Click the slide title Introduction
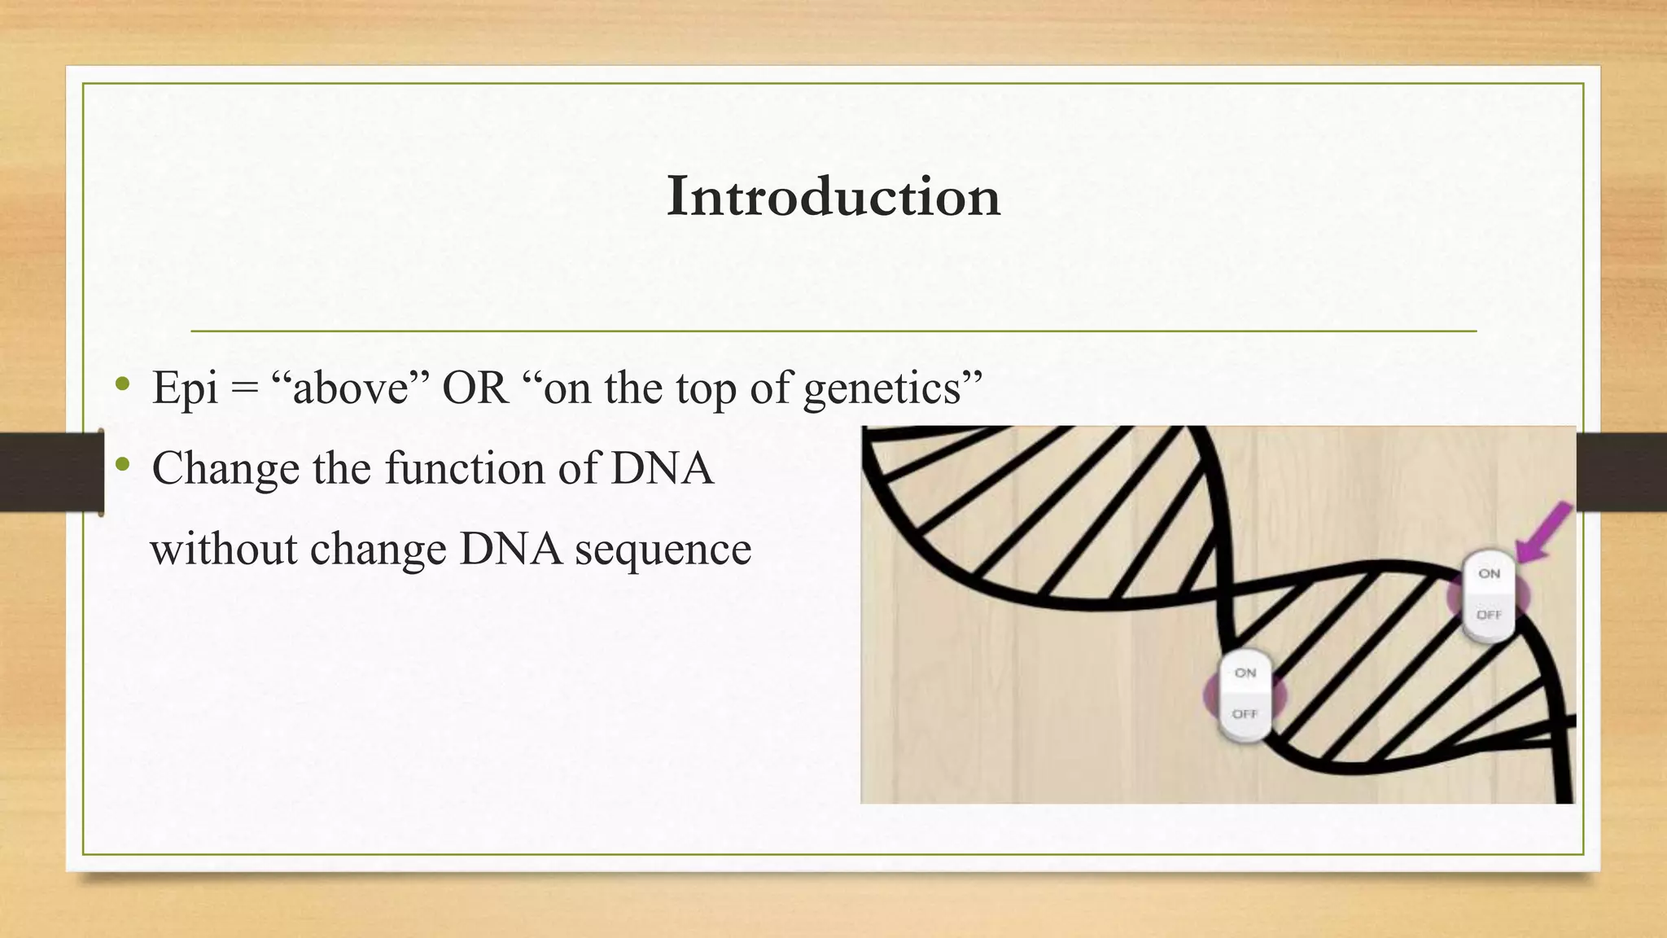(x=833, y=197)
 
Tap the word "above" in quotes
(x=350, y=388)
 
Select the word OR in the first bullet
(x=475, y=388)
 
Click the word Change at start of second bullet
(x=225, y=470)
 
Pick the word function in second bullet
(x=465, y=468)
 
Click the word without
(x=224, y=549)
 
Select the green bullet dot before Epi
(x=122, y=384)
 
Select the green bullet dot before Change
(x=122, y=465)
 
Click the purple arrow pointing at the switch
(x=1543, y=533)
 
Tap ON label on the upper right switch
(x=1489, y=574)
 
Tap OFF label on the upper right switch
(x=1489, y=615)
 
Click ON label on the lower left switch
(x=1245, y=673)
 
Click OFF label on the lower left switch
(x=1245, y=714)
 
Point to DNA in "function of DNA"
(x=662, y=468)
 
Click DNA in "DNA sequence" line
(x=510, y=549)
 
